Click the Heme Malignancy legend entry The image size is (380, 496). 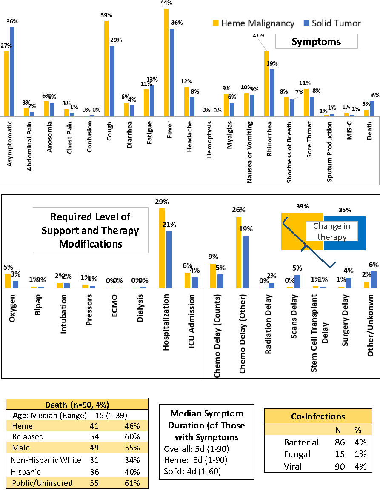coord(253,23)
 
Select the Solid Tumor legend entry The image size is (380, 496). coord(331,23)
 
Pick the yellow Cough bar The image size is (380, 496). coord(106,68)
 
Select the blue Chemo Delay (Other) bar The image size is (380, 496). coord(246,262)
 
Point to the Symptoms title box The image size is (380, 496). coord(316,42)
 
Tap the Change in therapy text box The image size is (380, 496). coord(329,232)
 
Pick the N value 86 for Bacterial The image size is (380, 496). coord(340,442)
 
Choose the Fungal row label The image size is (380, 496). coord(297,454)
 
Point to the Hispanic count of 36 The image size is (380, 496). coord(95,471)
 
